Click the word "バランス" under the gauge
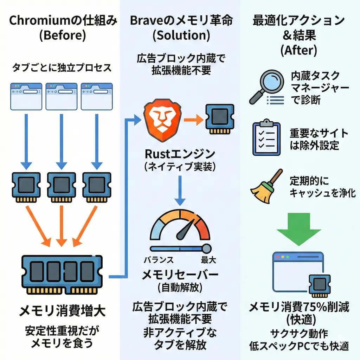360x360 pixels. pyautogui.click(x=159, y=260)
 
